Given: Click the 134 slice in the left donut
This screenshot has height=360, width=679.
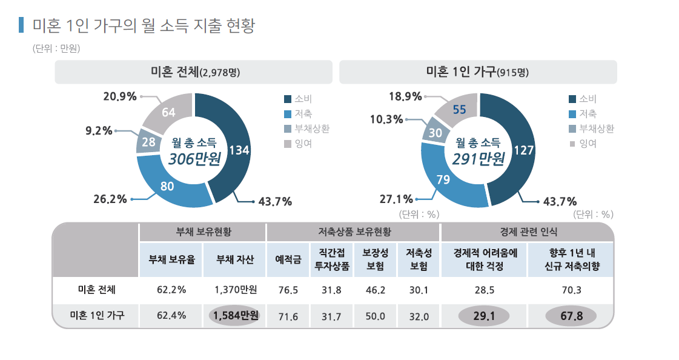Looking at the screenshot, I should tap(239, 150).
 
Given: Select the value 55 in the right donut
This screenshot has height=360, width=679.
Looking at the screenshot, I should tap(459, 110).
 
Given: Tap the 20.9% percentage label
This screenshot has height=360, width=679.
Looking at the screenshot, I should tap(120, 96).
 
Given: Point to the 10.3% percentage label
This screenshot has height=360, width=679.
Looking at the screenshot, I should tap(386, 119).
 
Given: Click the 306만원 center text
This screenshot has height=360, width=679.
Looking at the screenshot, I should tap(194, 159).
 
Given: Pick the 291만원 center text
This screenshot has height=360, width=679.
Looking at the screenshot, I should tap(478, 159).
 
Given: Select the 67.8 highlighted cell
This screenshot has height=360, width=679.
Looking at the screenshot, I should tap(571, 316).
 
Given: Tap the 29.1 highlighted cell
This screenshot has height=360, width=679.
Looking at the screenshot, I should tap(483, 316).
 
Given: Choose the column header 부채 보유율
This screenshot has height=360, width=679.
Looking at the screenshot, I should tap(171, 260).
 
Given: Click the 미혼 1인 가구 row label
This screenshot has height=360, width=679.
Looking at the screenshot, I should tap(97, 315).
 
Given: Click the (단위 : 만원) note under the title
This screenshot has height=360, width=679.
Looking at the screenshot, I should tap(56, 48).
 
